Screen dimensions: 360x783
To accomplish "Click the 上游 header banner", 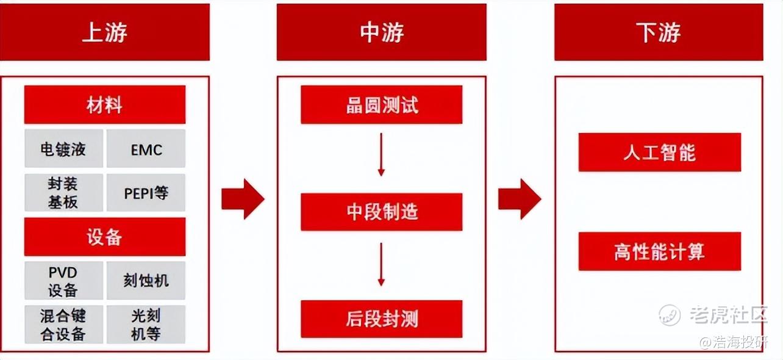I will coord(104,32).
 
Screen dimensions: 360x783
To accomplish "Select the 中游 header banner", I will coord(381,32).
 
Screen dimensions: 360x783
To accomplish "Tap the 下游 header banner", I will coord(658,32).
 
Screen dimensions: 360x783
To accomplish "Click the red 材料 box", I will coord(104,105).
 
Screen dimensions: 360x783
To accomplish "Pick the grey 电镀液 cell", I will coord(63,148).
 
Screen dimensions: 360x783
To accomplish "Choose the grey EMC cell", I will coord(146,148).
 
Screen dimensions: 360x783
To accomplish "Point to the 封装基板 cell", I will coord(63,193).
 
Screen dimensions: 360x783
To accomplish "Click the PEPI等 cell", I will coord(146,193).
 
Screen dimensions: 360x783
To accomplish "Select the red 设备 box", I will coord(104,237).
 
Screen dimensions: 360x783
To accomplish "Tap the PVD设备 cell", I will coord(63,281).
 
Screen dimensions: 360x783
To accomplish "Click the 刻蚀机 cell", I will coord(146,281).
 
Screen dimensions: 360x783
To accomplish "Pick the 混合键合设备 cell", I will coord(63,325).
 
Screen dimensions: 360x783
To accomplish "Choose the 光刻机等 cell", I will coord(146,325).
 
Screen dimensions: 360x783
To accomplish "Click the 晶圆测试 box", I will coord(381,104).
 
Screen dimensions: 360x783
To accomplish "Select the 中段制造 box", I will coord(381,212).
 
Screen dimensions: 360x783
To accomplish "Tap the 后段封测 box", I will coord(381,319).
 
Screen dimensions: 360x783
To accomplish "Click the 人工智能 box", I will coord(659,152).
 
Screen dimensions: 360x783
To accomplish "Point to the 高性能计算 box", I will coord(659,251).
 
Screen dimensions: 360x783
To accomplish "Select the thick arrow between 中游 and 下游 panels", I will coord(520,198).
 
